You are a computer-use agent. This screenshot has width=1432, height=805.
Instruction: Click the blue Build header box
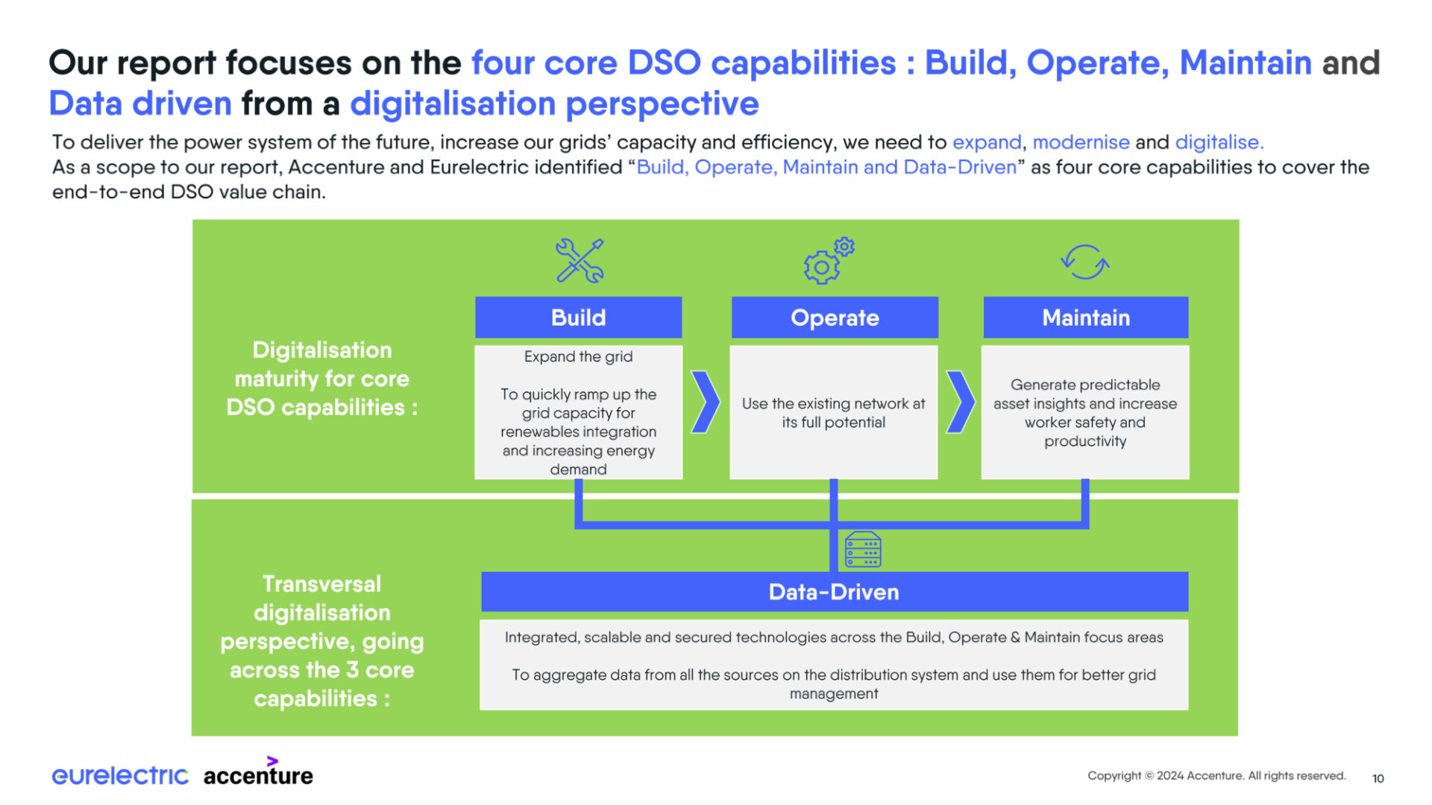click(578, 318)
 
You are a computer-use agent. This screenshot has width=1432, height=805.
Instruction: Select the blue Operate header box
click(835, 318)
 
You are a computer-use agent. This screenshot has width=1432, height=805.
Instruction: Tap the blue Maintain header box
click(1085, 318)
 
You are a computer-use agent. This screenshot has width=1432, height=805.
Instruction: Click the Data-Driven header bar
click(834, 592)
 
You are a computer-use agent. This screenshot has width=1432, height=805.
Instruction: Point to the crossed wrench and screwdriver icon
click(580, 261)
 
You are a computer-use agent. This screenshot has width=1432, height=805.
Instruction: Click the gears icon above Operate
click(829, 261)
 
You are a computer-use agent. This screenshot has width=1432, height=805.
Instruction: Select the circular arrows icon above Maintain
click(1084, 262)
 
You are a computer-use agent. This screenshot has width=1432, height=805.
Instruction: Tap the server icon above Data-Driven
click(863, 550)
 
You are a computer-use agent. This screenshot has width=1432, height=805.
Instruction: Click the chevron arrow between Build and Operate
click(705, 402)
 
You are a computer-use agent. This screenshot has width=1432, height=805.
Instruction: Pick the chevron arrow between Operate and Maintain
click(960, 402)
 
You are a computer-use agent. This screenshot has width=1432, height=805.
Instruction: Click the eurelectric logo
click(119, 775)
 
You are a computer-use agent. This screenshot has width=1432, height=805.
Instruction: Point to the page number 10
click(1378, 778)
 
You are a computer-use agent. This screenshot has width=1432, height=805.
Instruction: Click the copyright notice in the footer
click(1216, 776)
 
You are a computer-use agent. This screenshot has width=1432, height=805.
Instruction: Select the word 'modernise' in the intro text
click(1081, 142)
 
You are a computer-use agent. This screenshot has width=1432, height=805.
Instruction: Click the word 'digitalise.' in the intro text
click(1219, 142)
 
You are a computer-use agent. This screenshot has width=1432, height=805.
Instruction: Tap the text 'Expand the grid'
click(578, 357)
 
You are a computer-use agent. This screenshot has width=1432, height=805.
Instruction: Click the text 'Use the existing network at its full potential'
click(833, 413)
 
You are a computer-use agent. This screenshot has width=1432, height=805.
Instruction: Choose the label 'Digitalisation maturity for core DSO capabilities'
click(322, 379)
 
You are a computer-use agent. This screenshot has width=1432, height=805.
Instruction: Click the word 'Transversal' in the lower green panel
click(321, 584)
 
